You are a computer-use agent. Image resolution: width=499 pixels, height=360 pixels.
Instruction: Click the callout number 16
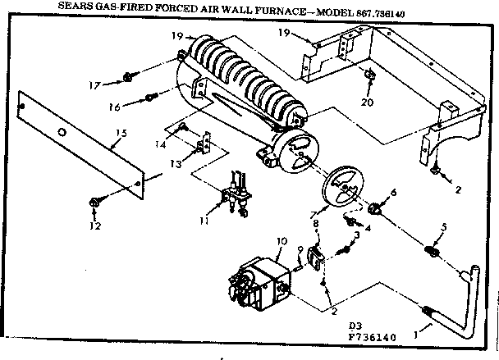pyautogui.click(x=114, y=107)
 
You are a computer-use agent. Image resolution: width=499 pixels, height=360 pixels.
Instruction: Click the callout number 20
pyautogui.click(x=368, y=103)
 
